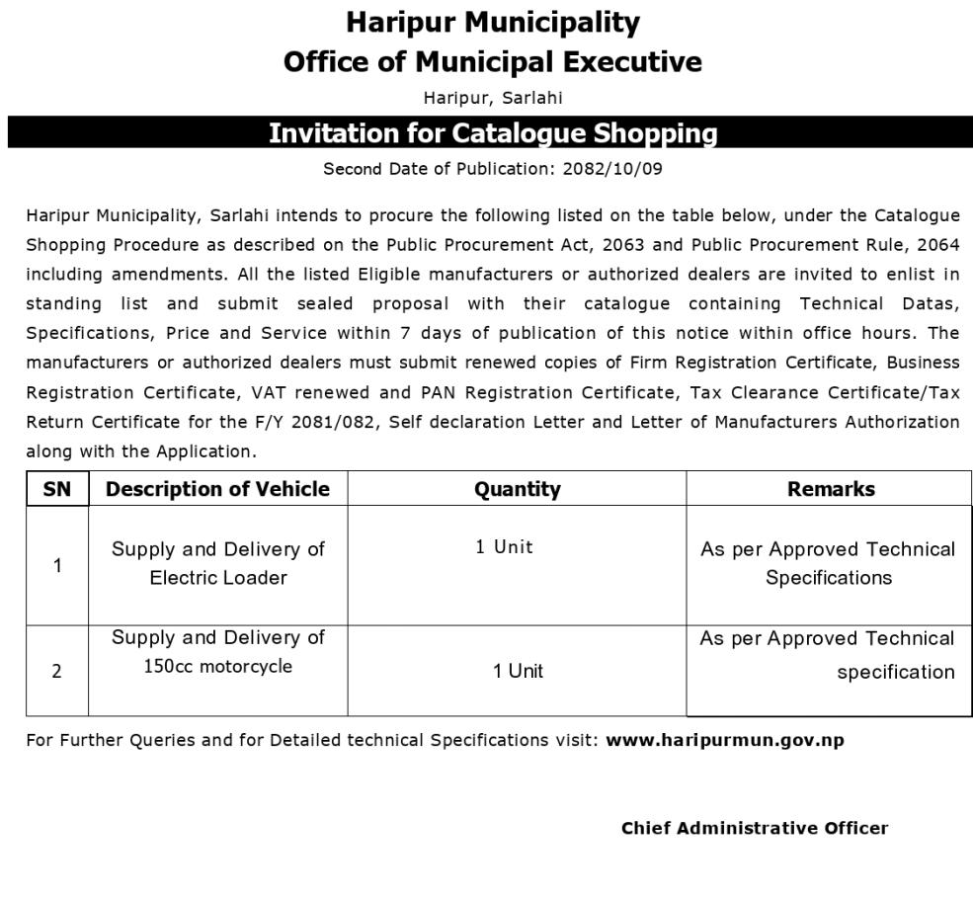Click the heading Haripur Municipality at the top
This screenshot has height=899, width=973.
pyautogui.click(x=492, y=22)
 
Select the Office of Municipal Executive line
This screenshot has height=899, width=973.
pyautogui.click(x=492, y=61)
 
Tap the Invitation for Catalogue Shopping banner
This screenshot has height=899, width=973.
pyautogui.click(x=492, y=132)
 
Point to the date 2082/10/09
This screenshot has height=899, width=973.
pyautogui.click(x=611, y=168)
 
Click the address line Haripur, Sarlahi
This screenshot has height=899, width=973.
pyautogui.click(x=492, y=97)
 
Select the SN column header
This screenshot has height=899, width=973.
pyautogui.click(x=57, y=489)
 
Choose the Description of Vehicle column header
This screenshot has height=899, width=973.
pyautogui.click(x=217, y=489)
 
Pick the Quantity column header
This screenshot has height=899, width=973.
pyautogui.click(x=517, y=489)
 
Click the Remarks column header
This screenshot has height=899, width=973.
pyautogui.click(x=830, y=489)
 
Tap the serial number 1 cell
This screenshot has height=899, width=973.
pyautogui.click(x=57, y=566)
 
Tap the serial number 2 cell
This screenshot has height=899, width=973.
pyautogui.click(x=57, y=671)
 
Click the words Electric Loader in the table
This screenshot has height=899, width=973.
pyautogui.click(x=217, y=578)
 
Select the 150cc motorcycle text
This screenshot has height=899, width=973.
pyautogui.click(x=217, y=667)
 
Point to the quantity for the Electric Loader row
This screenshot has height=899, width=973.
pyautogui.click(x=504, y=547)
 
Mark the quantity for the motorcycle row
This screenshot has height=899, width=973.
pyautogui.click(x=518, y=672)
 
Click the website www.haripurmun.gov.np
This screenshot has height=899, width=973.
pyautogui.click(x=724, y=740)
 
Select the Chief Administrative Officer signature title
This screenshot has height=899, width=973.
pyautogui.click(x=754, y=829)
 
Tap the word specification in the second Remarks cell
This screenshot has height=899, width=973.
pyautogui.click(x=895, y=673)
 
